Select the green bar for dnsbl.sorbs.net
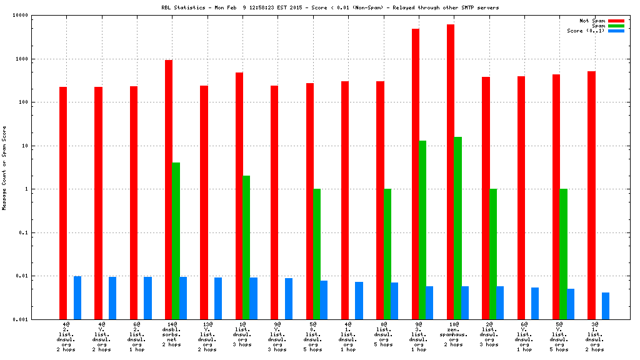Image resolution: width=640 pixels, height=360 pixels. [x=176, y=241]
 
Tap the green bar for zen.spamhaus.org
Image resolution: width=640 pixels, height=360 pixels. [x=458, y=228]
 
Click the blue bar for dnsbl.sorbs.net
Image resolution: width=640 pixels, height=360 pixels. [x=183, y=298]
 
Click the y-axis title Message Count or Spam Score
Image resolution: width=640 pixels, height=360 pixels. [x=4, y=167]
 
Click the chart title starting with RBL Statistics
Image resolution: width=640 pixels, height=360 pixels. [x=330, y=7]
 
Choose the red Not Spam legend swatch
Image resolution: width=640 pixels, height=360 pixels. [x=616, y=21]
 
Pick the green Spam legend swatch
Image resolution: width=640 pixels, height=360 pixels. [x=616, y=26]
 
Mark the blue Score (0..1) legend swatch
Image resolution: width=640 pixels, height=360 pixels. [x=616, y=31]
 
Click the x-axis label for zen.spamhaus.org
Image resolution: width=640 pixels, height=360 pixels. [x=454, y=337]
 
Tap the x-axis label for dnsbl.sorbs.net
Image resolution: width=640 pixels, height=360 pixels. [x=172, y=337]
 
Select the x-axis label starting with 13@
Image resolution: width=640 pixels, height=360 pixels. [x=207, y=337]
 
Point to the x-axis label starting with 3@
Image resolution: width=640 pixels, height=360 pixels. [x=595, y=337]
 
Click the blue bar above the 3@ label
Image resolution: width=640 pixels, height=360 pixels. [x=606, y=306]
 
